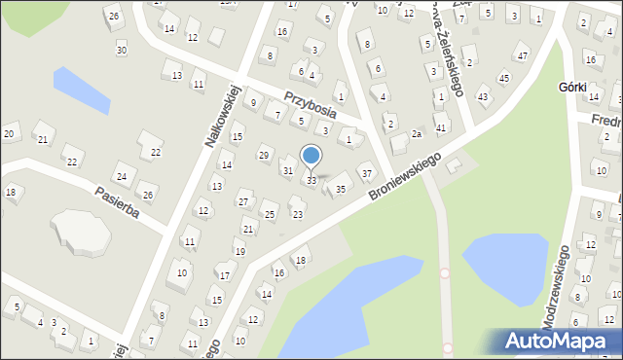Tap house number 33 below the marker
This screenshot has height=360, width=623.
click(311, 181)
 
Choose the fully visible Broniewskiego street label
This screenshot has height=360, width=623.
click(405, 177)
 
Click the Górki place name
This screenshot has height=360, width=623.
click(572, 87)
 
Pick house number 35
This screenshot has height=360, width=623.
click(341, 189)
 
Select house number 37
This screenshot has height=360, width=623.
click(366, 174)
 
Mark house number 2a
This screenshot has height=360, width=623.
click(416, 133)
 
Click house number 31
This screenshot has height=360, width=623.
click(287, 171)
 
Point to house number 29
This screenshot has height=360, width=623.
click(264, 156)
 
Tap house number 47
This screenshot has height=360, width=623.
click(523, 56)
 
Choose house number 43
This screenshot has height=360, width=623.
click(483, 96)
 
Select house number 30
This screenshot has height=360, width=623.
click(121, 50)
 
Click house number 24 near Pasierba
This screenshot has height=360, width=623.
click(121, 177)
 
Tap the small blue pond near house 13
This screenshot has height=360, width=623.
click(82, 90)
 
